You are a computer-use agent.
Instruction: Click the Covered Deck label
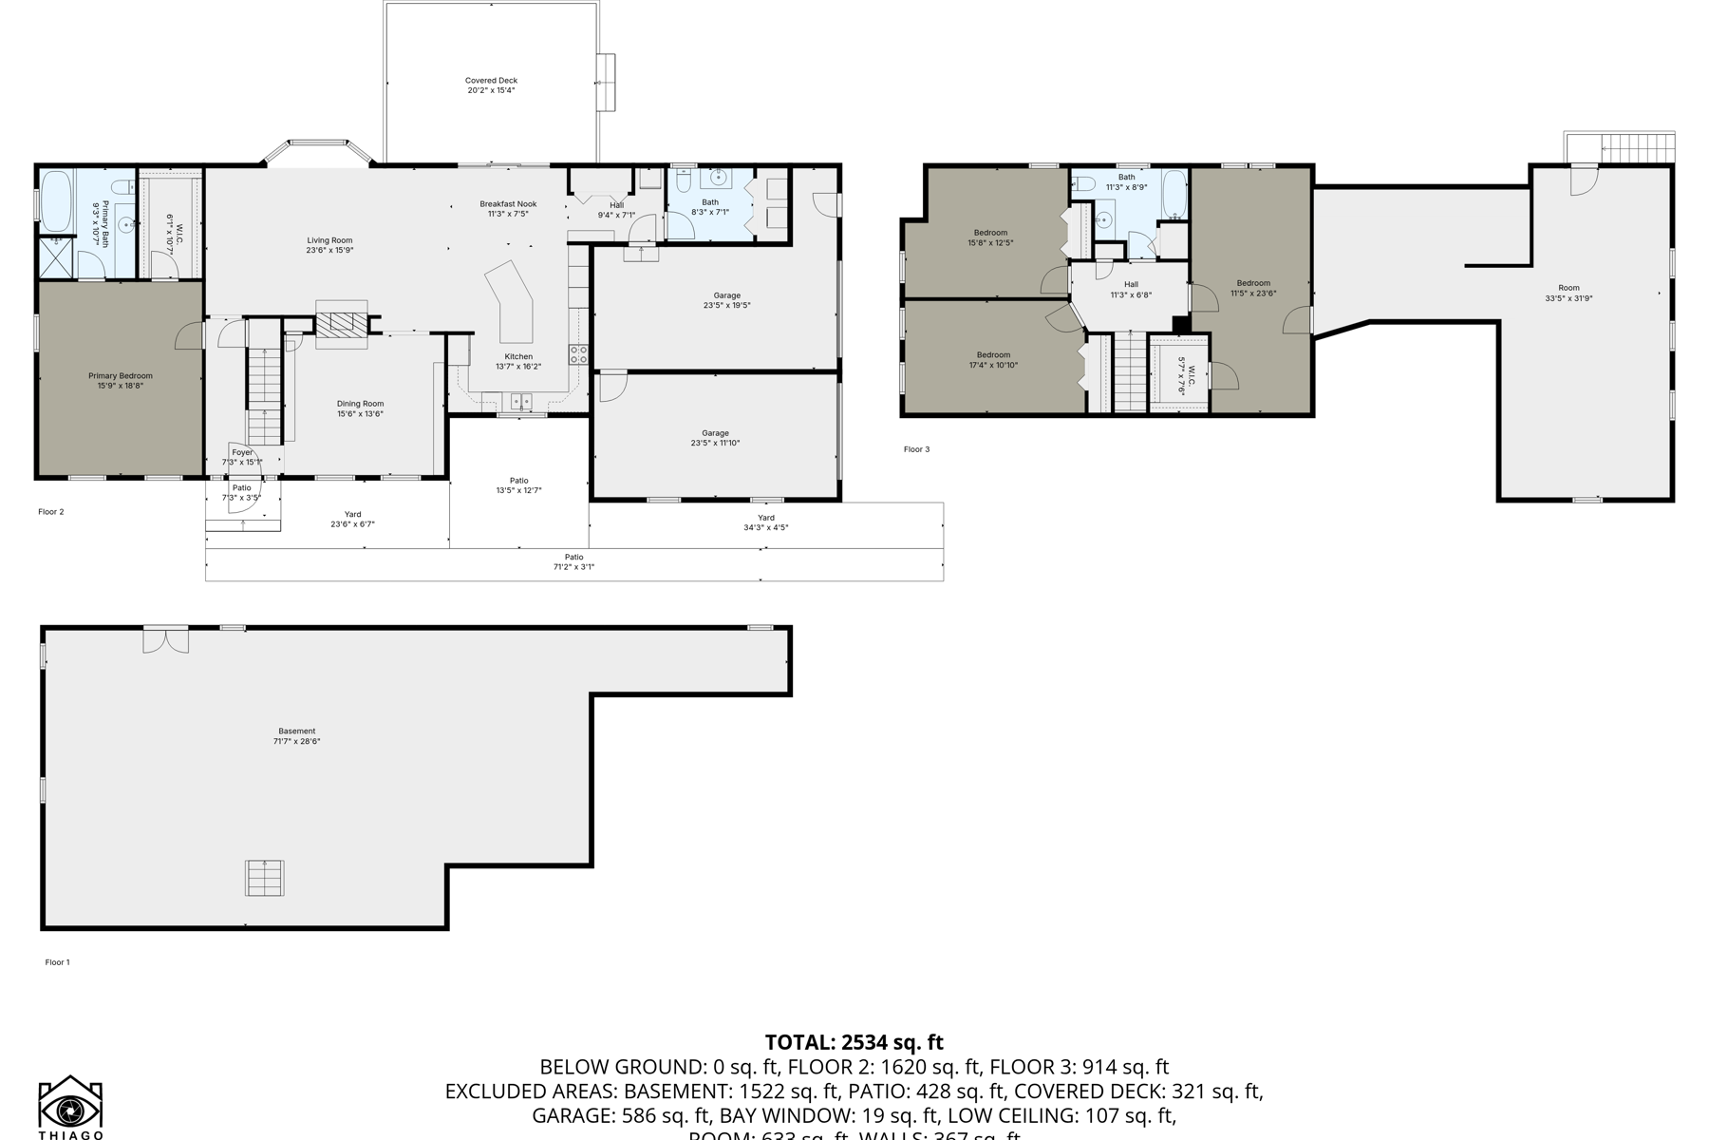[491, 85]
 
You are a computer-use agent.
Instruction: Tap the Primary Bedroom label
[121, 381]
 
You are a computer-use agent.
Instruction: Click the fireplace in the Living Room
[341, 323]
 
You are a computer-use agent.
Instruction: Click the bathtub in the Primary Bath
[56, 200]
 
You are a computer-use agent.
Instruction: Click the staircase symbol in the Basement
[265, 877]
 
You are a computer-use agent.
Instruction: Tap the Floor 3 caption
[916, 449]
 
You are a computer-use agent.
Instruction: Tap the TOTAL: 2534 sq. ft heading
[854, 1043]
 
